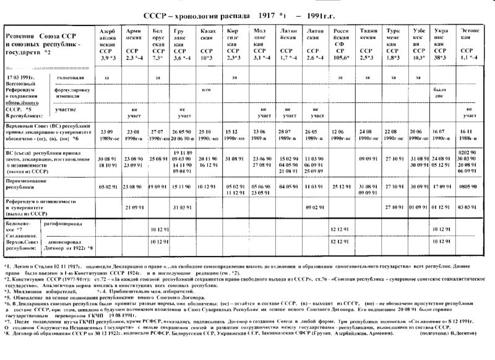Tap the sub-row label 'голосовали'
coord(69,77)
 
